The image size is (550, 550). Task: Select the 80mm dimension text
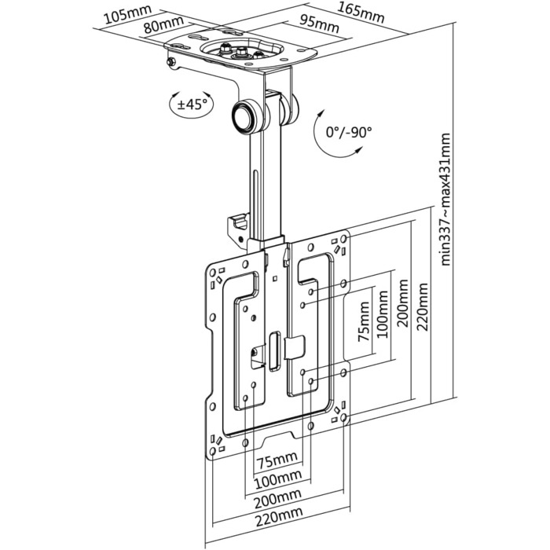point(161,26)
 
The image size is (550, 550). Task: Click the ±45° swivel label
point(191,103)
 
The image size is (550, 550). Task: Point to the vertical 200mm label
point(403,309)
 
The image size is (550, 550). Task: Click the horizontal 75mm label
point(279,460)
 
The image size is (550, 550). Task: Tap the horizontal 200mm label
point(279,496)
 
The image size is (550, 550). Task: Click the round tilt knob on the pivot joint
point(246,115)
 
